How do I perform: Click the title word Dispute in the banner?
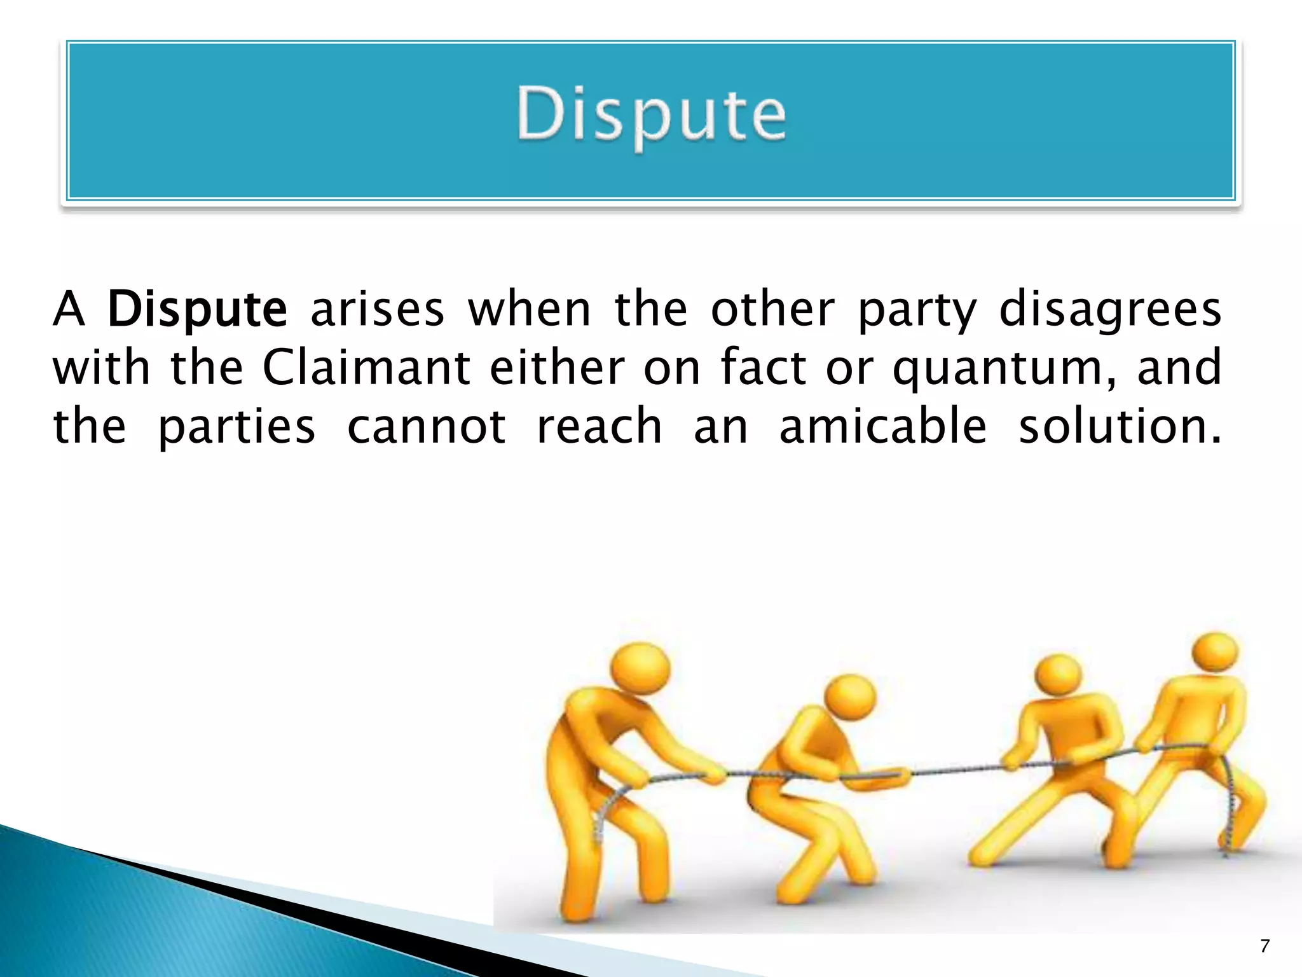point(651,114)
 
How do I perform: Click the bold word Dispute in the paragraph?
point(197,310)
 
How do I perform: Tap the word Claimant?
point(366,368)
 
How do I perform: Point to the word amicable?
point(883,426)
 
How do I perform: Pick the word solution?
point(1119,426)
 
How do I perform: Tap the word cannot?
point(427,426)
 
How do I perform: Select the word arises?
point(377,310)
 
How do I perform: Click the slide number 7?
point(1264,946)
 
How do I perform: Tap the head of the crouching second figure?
point(851,698)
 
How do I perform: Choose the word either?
point(557,368)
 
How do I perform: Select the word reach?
point(599,426)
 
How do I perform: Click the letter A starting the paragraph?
point(69,310)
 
